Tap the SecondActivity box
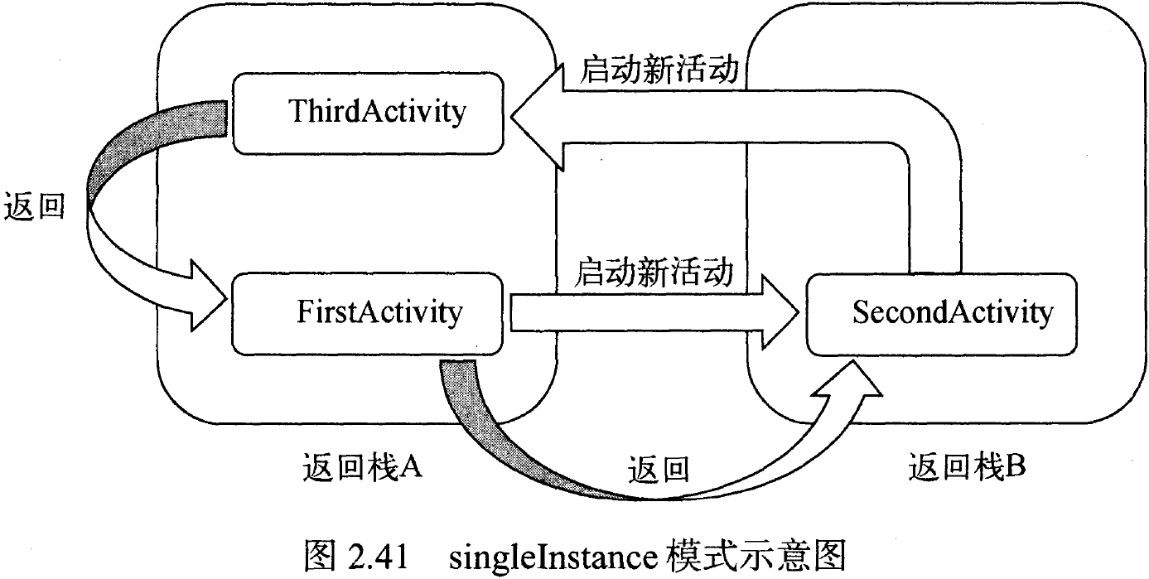point(941,314)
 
